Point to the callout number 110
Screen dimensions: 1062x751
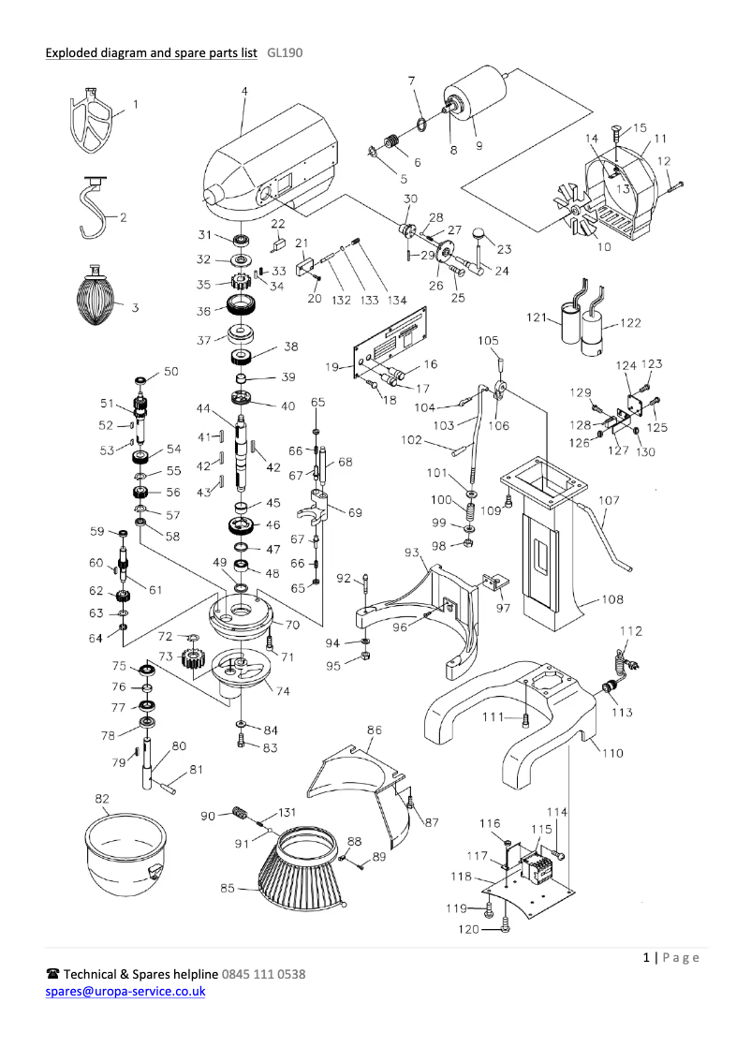click(x=611, y=753)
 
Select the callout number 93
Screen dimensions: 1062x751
click(x=412, y=553)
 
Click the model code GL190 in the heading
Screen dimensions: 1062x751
click(x=284, y=52)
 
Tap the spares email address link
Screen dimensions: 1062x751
click(x=125, y=991)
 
